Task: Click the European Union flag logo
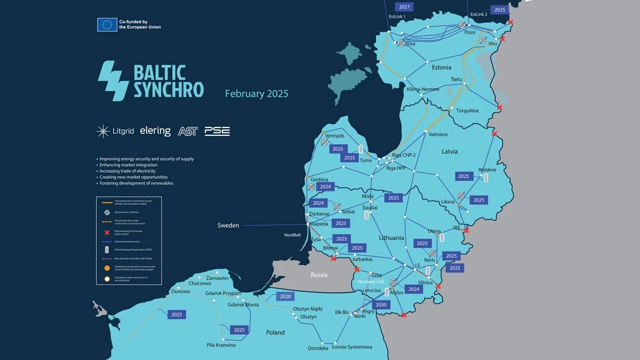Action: pyautogui.click(x=107, y=25)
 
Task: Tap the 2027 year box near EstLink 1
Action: pyautogui.click(x=404, y=7)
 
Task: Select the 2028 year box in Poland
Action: pyautogui.click(x=285, y=297)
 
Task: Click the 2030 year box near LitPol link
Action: pyautogui.click(x=381, y=305)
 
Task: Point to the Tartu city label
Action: pyautogui.click(x=457, y=79)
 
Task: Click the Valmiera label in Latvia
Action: pyautogui.click(x=438, y=134)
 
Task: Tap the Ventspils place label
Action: pyautogui.click(x=334, y=136)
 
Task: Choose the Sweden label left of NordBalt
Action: pyautogui.click(x=228, y=226)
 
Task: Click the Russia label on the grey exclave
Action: pyautogui.click(x=319, y=275)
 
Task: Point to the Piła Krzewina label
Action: pyautogui.click(x=221, y=345)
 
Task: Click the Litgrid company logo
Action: pyautogui.click(x=115, y=131)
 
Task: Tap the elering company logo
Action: pyautogui.click(x=155, y=131)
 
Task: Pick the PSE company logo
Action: pyautogui.click(x=217, y=131)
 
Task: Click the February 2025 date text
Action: pyautogui.click(x=257, y=94)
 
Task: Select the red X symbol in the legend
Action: pyautogui.click(x=107, y=233)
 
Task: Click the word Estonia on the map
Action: pyautogui.click(x=441, y=68)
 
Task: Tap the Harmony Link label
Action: pyautogui.click(x=371, y=282)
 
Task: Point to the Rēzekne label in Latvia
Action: pyautogui.click(x=487, y=170)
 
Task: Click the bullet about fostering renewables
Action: pyautogui.click(x=137, y=183)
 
